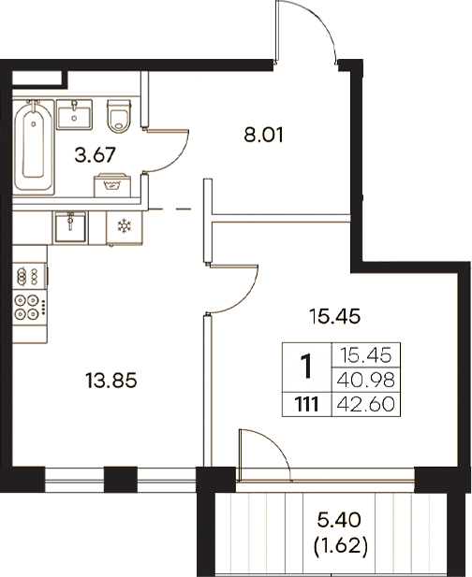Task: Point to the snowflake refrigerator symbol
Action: click(122, 225)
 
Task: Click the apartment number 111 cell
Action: click(306, 405)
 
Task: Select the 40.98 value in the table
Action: click(371, 380)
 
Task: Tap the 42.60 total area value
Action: click(371, 405)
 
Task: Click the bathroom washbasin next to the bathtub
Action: click(74, 113)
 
